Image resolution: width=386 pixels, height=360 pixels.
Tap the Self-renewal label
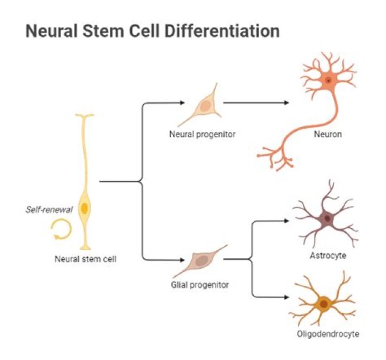point(48,210)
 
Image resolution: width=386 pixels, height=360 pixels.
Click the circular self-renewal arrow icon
point(60,231)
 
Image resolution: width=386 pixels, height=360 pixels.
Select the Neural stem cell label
point(86,259)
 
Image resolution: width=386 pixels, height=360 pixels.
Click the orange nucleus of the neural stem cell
point(84,208)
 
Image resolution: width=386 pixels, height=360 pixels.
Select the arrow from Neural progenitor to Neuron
point(257,102)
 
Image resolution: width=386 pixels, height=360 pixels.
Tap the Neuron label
point(328,134)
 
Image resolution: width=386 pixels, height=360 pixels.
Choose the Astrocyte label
point(328,255)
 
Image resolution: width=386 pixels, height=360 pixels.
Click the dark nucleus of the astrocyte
point(326,218)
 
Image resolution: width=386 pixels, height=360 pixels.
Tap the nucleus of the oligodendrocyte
point(323,304)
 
